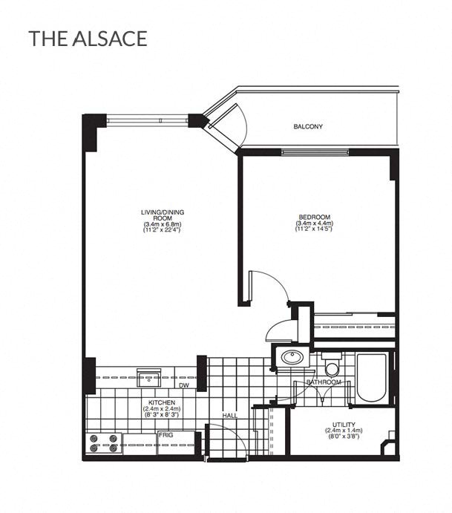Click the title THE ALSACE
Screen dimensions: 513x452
88,39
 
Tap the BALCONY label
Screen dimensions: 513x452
308,127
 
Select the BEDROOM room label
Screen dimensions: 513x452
314,218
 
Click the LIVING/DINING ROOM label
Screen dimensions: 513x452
163,215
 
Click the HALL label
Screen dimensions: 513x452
230,415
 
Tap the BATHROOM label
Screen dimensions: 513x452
324,382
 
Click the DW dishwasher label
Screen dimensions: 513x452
183,386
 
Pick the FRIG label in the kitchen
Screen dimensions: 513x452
165,435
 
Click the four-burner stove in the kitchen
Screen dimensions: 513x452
105,443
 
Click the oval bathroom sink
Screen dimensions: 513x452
291,358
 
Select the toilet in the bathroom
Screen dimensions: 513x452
332,367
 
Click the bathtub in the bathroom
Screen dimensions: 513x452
371,378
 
